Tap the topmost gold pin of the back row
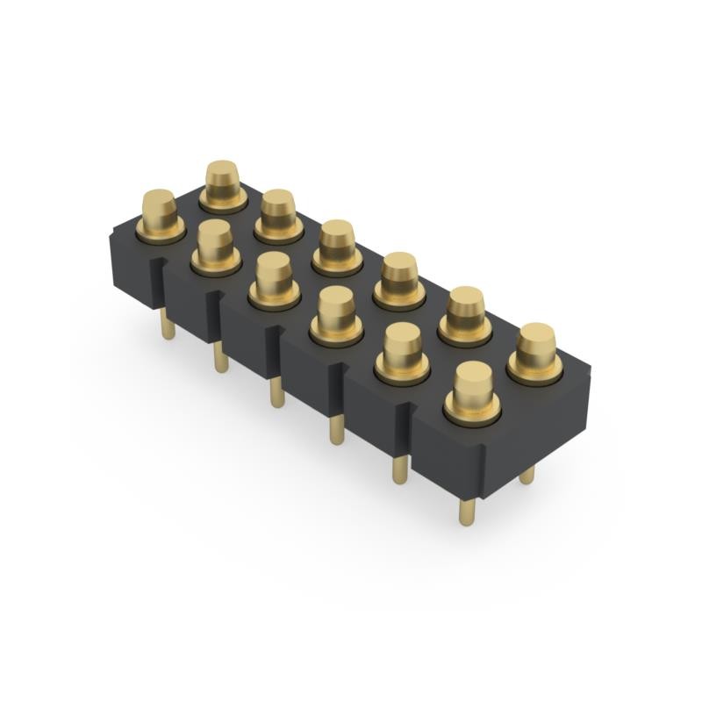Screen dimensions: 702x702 pos(223,181)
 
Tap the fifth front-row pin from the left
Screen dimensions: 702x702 pos(402,349)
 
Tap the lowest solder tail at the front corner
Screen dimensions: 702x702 pos(466,508)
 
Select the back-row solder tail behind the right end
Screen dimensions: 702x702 pos(526,475)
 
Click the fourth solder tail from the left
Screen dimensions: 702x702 pos(336,429)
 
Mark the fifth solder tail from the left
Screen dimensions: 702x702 pos(399,467)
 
